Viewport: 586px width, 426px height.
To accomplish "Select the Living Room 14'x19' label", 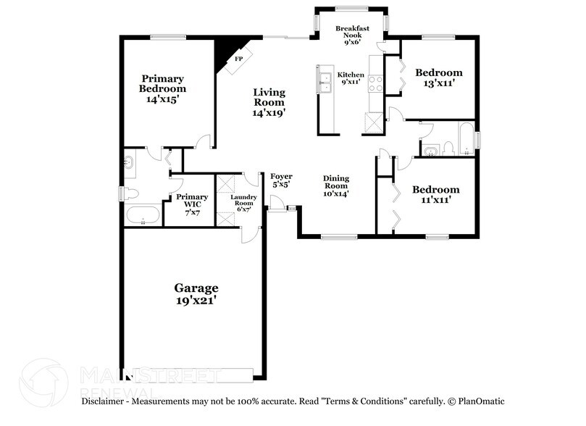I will (x=269, y=102).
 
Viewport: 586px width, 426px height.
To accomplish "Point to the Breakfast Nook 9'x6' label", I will (x=353, y=35).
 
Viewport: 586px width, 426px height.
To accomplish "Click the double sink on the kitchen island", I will (x=325, y=80).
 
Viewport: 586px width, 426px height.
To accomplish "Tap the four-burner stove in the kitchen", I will (x=376, y=83).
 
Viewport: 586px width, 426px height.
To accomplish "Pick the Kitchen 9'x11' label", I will (x=352, y=79).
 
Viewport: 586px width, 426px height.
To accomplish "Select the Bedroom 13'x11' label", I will (x=438, y=78).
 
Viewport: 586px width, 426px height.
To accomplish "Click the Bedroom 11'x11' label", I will (x=435, y=194).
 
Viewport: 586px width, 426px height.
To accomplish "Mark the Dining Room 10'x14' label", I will (x=336, y=185).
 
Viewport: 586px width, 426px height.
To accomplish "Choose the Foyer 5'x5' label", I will (x=281, y=180).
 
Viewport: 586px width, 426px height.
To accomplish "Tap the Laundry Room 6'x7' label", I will (x=242, y=201).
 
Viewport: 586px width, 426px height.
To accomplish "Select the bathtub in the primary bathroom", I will (x=143, y=215).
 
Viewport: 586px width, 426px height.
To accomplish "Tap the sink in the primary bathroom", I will (x=130, y=163).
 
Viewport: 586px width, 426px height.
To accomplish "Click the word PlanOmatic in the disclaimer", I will (x=480, y=401).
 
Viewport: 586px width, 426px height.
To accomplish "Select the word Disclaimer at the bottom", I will (x=106, y=401).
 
